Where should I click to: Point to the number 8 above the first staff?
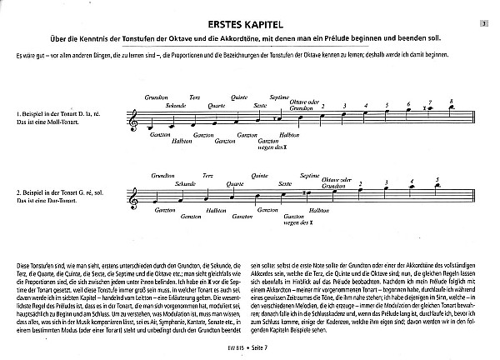tap(450, 102)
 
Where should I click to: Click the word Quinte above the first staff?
tap(240, 97)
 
